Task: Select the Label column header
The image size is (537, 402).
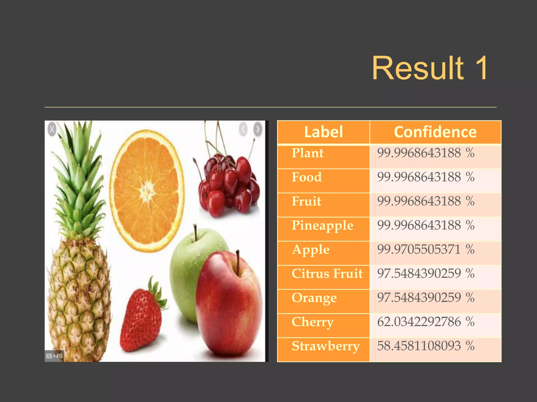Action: tap(323, 132)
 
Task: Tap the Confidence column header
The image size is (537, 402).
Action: tap(435, 132)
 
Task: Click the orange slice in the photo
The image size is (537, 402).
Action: tap(147, 191)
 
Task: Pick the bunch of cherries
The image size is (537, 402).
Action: tap(228, 183)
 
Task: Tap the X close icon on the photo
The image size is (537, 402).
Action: tap(52, 129)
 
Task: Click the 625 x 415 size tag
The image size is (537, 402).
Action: tap(54, 356)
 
